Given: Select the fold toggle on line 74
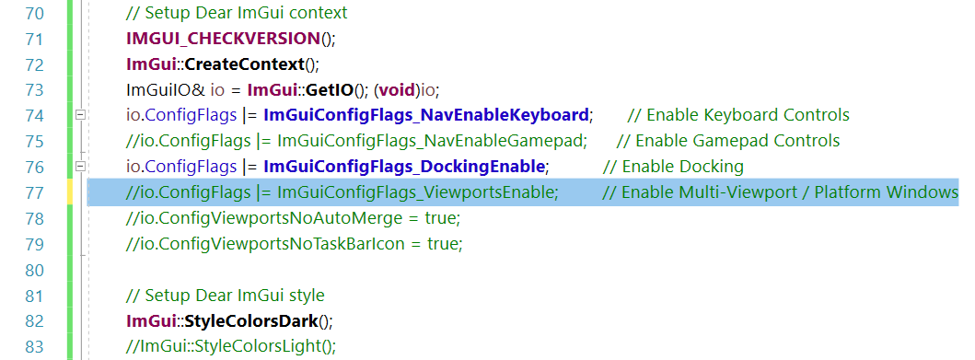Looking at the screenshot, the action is click(80, 115).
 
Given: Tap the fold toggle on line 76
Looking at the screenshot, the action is click(80, 167).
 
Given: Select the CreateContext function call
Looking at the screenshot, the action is click(244, 64).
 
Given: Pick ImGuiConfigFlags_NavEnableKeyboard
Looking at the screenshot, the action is click(425, 116).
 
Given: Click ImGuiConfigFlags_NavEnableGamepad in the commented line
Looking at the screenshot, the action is click(432, 142).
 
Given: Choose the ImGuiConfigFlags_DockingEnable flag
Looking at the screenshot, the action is click(405, 168).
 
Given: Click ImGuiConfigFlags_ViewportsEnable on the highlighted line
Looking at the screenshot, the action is click(417, 193).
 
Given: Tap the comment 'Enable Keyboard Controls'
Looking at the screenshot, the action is click(747, 116).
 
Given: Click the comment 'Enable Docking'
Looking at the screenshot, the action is click(682, 168).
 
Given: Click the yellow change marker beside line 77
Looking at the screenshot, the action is click(70, 192).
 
